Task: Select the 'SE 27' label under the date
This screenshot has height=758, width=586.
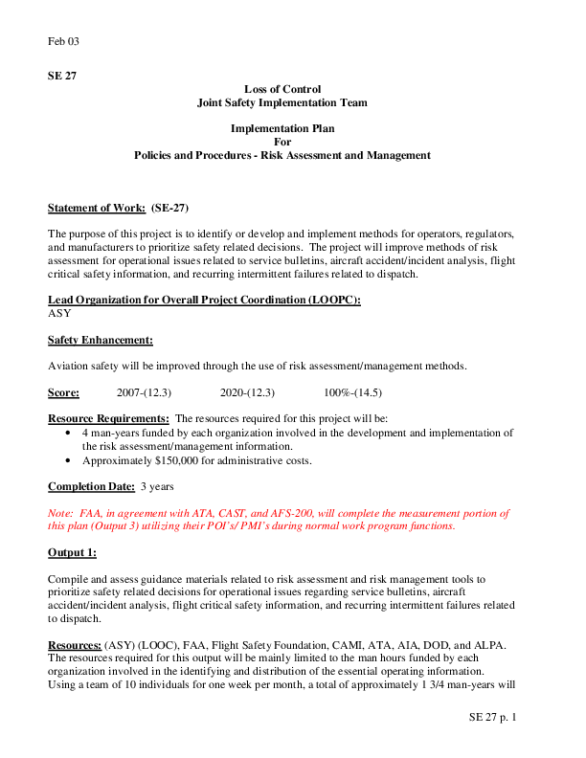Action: pyautogui.click(x=61, y=75)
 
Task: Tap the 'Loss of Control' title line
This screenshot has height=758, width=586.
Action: pyautogui.click(x=282, y=89)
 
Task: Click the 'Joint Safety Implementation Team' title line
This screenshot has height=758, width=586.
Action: pyautogui.click(x=282, y=102)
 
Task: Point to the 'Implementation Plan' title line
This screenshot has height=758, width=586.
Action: pyautogui.click(x=282, y=128)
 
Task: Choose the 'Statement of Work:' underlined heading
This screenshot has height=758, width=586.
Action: pyautogui.click(x=97, y=208)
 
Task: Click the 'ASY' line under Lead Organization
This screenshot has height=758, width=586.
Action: pyautogui.click(x=59, y=313)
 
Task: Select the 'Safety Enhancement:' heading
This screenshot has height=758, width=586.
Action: pyautogui.click(x=101, y=340)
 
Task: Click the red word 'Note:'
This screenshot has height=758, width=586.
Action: pyautogui.click(x=61, y=513)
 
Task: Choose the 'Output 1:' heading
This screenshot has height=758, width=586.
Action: pyautogui.click(x=72, y=552)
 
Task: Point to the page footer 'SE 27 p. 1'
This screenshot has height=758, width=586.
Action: pyautogui.click(x=492, y=717)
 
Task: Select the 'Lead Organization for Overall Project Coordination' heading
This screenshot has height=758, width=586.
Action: pyautogui.click(x=204, y=300)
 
